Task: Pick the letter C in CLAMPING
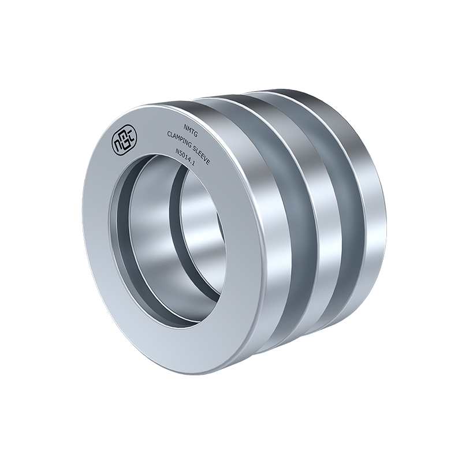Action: [169, 135]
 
